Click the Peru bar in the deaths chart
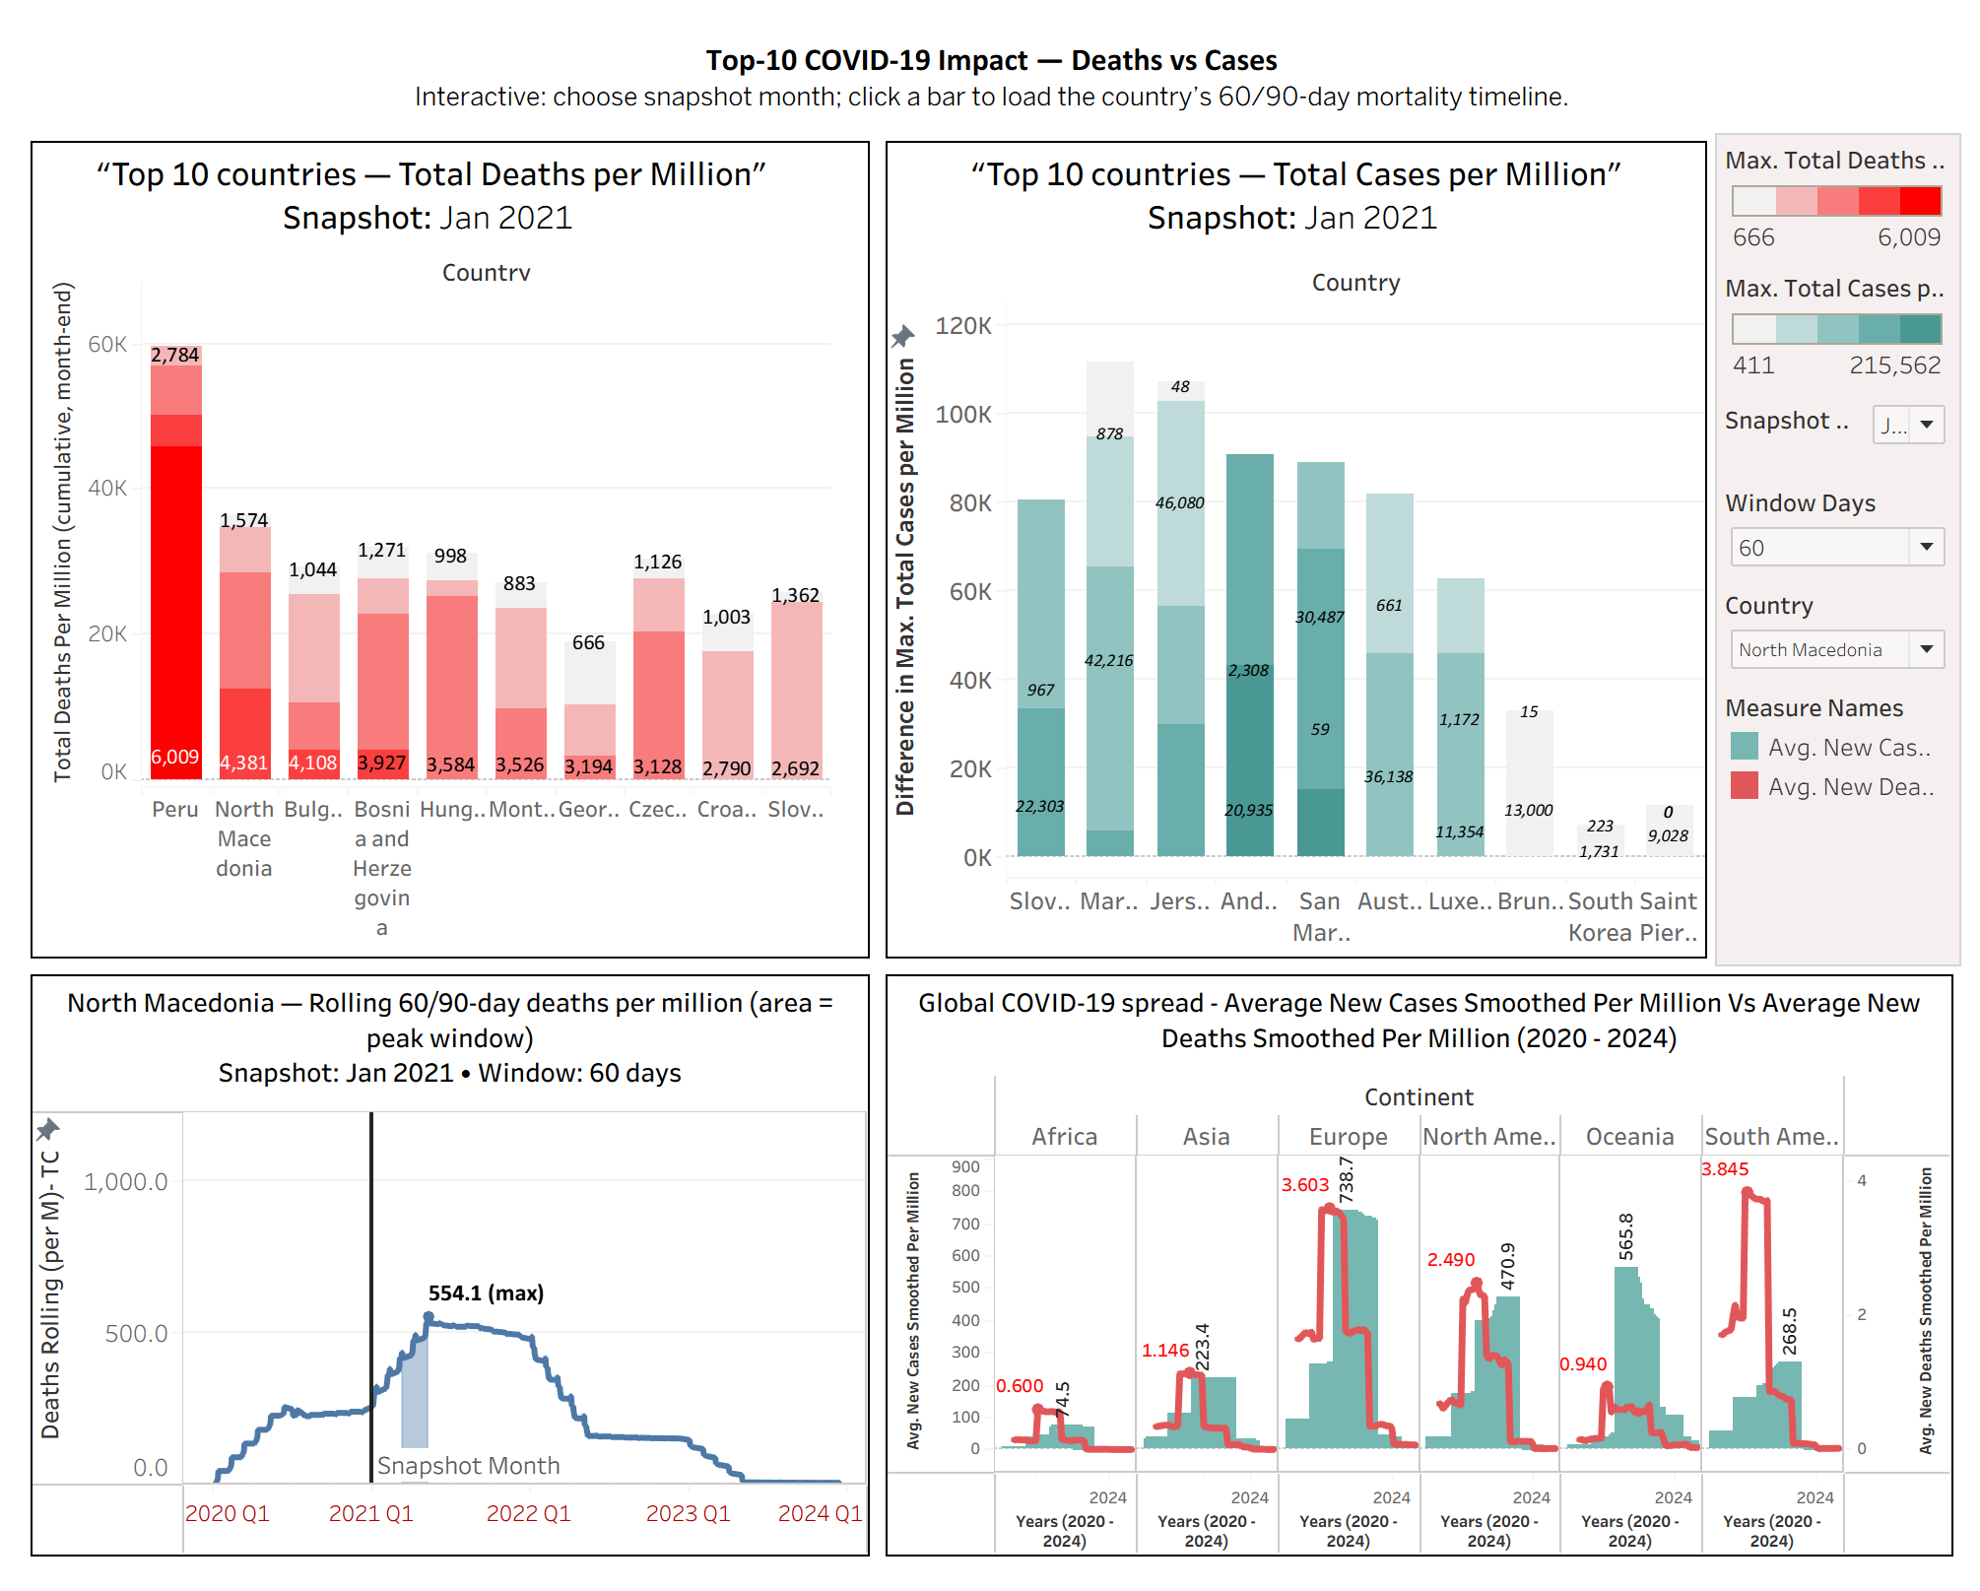(x=175, y=591)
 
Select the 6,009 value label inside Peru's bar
(x=175, y=757)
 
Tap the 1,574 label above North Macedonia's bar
(x=243, y=520)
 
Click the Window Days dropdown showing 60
(x=1836, y=548)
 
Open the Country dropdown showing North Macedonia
(x=1836, y=649)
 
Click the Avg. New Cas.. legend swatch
(x=1744, y=747)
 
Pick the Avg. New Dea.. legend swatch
(x=1744, y=786)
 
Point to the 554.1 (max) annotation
(x=486, y=1293)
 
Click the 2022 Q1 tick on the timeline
(x=528, y=1513)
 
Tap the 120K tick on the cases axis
(x=962, y=326)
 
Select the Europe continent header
(x=1348, y=1137)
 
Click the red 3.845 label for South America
(x=1725, y=1169)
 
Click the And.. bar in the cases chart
(x=1249, y=650)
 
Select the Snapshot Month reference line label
(x=468, y=1466)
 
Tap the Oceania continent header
(x=1629, y=1137)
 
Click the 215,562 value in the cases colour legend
(x=1893, y=365)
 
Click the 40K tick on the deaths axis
(x=107, y=489)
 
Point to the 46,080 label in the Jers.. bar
(x=1179, y=502)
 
